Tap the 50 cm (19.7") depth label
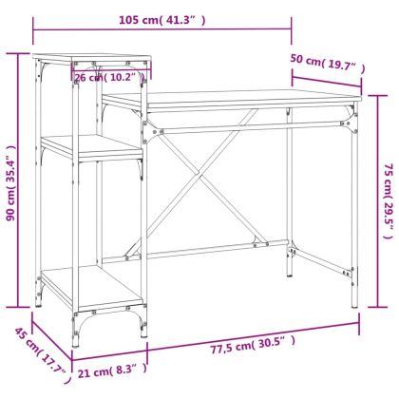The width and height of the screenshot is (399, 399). [327, 66]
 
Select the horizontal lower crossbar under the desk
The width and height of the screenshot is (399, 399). [218, 253]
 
